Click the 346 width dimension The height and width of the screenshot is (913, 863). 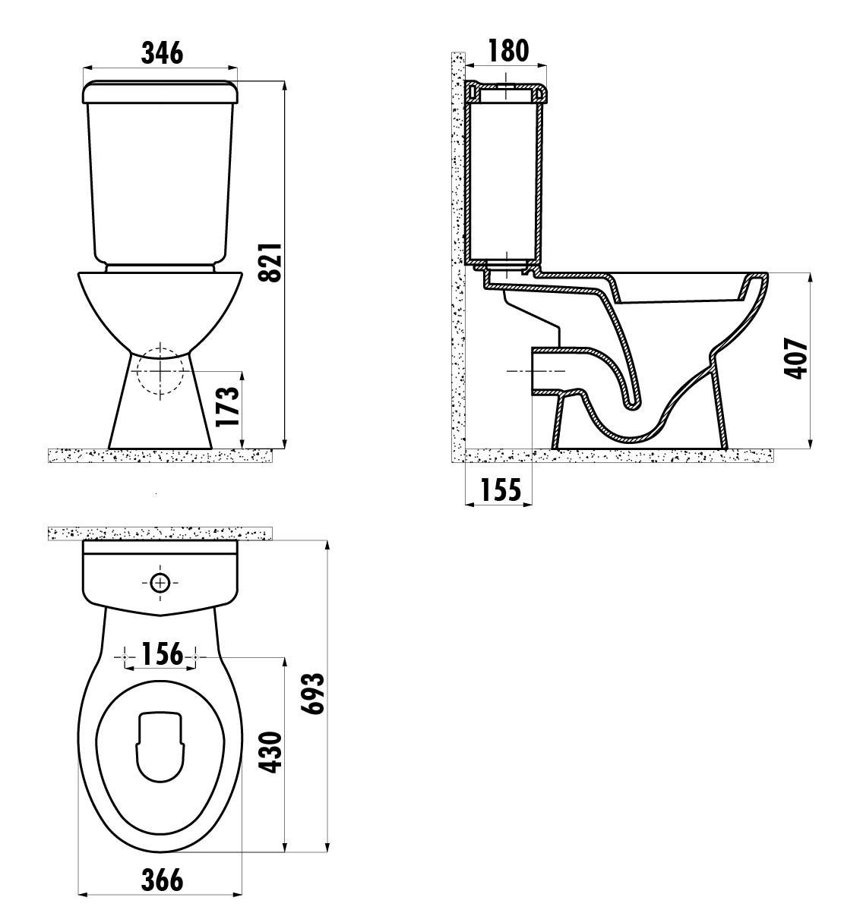(x=162, y=52)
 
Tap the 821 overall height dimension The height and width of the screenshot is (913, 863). (x=269, y=263)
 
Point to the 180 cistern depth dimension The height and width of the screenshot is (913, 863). (x=508, y=51)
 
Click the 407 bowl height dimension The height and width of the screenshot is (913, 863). (x=796, y=358)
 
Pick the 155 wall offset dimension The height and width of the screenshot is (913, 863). (x=501, y=490)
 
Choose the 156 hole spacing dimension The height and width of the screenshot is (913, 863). (x=162, y=653)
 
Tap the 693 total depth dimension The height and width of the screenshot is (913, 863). (x=312, y=693)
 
